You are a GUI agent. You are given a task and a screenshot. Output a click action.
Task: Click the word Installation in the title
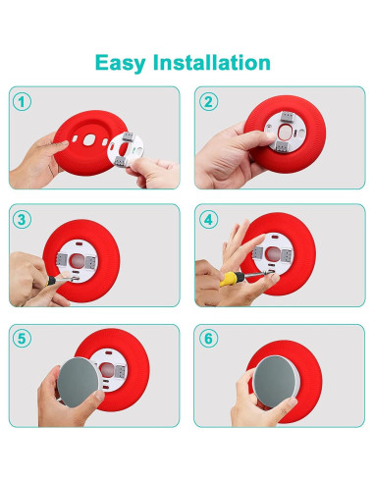pos(214,63)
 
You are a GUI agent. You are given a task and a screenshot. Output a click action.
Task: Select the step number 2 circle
pos(208,101)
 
